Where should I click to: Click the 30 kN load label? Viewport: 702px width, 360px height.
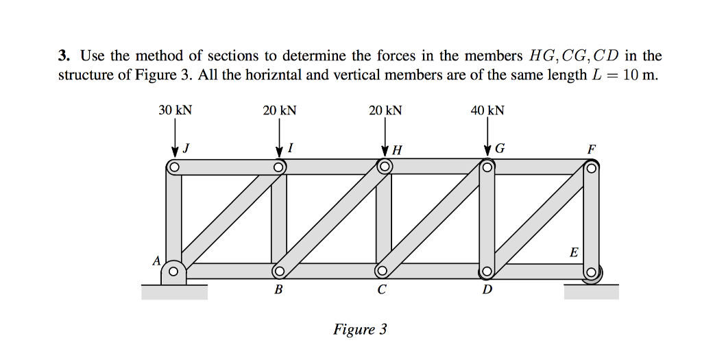(x=175, y=110)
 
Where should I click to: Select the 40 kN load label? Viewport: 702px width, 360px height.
(x=487, y=110)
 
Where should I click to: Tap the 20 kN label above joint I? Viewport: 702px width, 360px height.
(x=280, y=110)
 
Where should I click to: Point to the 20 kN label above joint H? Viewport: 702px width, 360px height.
(x=385, y=110)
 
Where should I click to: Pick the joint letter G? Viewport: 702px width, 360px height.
(x=499, y=149)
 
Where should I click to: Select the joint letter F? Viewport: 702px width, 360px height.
(x=592, y=149)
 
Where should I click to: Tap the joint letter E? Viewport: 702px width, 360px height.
(x=574, y=253)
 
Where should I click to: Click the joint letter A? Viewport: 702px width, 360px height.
(x=156, y=261)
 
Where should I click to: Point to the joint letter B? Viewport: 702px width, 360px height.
(x=278, y=289)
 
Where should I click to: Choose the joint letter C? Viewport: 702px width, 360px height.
(x=381, y=289)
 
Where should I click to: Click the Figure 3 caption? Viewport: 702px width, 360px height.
(x=360, y=330)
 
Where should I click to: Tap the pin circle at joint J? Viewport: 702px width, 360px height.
(x=174, y=167)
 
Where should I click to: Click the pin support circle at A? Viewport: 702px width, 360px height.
(x=173, y=272)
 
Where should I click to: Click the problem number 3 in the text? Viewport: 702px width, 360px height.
(x=62, y=56)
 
